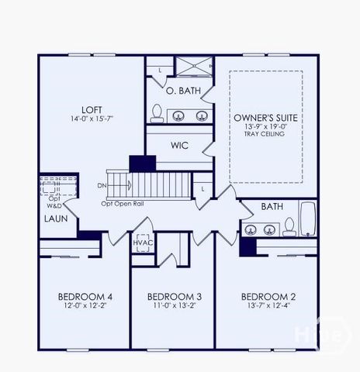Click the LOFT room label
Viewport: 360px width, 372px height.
click(x=92, y=109)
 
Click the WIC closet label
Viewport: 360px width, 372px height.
click(x=179, y=144)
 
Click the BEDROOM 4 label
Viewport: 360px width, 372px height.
click(x=85, y=297)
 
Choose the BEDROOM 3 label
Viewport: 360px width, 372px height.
click(x=175, y=297)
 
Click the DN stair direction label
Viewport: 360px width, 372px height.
click(x=102, y=186)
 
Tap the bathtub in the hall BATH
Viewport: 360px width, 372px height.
click(x=308, y=219)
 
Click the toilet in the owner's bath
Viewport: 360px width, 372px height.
click(x=157, y=114)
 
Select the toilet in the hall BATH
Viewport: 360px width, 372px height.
click(x=289, y=226)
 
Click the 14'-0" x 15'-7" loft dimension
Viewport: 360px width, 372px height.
click(x=92, y=119)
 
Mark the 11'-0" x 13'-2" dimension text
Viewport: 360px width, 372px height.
click(x=175, y=307)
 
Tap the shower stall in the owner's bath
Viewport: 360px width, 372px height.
click(x=192, y=67)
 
